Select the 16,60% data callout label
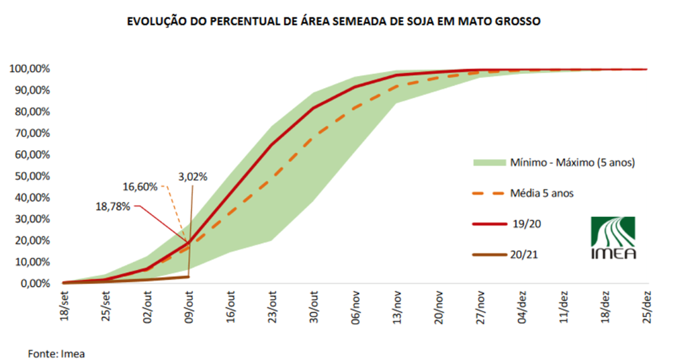coord(140,187)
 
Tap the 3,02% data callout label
coord(193,177)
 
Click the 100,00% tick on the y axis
coord(26,69)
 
